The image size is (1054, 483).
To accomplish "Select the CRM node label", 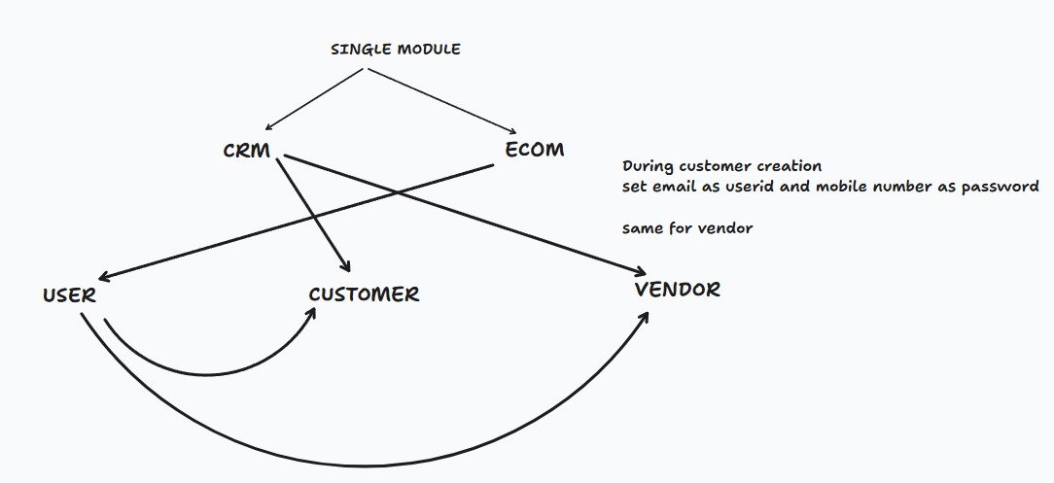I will (x=246, y=152).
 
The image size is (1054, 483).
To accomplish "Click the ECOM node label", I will (x=534, y=150).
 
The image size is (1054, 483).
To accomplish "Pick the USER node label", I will (x=69, y=295).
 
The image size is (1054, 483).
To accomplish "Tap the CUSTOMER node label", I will (x=364, y=294).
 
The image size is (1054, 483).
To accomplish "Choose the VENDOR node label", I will (x=677, y=290).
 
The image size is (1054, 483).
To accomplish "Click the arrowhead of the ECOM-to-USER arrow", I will (x=102, y=278).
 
